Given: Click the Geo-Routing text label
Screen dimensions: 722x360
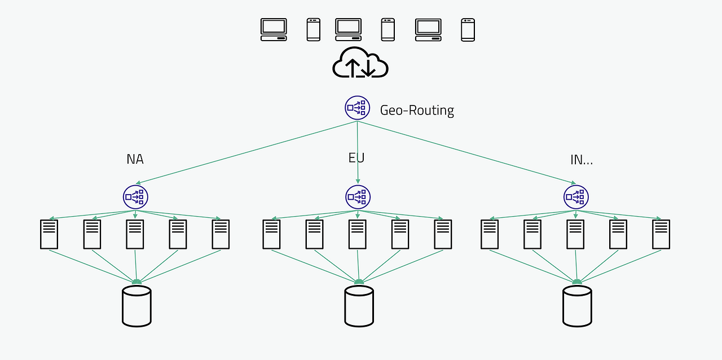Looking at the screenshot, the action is click(417, 111).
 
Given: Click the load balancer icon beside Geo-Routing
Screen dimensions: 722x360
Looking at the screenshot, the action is click(357, 108).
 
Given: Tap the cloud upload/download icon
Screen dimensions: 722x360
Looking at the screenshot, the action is click(360, 63).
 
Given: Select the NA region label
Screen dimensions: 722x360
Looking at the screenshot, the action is click(135, 159).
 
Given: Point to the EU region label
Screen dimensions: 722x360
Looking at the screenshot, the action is click(356, 158).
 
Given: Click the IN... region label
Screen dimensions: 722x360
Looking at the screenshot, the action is click(582, 160).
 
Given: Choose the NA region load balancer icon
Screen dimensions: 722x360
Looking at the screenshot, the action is click(135, 197).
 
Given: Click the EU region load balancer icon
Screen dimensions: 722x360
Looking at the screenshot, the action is click(358, 197).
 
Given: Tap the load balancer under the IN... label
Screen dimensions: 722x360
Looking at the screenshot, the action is click(576, 197).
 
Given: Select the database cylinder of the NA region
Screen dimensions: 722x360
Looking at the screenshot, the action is click(137, 306).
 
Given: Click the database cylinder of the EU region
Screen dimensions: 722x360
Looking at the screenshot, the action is click(359, 306).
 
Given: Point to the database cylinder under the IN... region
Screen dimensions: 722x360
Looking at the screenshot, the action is click(577, 306).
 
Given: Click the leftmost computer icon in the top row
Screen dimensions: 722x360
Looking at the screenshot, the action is click(274, 30).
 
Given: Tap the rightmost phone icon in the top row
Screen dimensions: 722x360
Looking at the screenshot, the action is click(468, 30).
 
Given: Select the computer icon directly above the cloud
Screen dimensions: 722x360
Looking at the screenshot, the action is click(349, 30).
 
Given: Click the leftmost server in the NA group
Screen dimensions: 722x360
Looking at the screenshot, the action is click(49, 235).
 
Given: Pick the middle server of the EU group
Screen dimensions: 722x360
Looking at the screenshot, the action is click(358, 235).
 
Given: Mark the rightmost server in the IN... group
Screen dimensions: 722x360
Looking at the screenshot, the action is click(661, 235).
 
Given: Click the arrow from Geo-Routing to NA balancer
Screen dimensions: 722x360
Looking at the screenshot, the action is click(246, 152).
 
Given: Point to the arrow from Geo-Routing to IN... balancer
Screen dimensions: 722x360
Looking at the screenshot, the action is click(466, 152).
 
